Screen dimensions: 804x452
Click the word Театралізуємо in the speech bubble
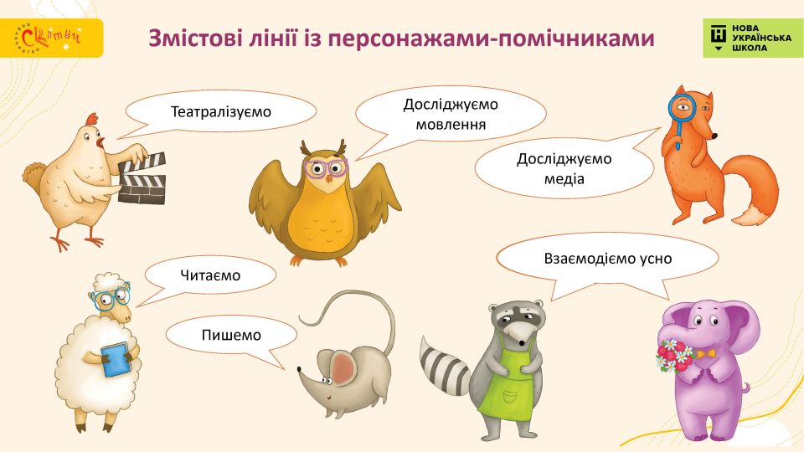click(x=220, y=111)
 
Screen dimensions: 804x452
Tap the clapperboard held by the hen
click(x=142, y=179)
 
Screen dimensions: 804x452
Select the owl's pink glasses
click(x=326, y=167)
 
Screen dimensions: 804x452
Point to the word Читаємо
click(x=210, y=275)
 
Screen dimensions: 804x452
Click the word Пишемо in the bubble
click(x=231, y=335)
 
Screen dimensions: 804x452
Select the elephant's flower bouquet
click(x=675, y=354)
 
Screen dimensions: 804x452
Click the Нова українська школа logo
click(x=753, y=38)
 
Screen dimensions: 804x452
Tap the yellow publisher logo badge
click(x=51, y=38)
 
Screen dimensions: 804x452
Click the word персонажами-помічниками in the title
click(x=492, y=39)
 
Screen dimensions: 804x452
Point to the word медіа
click(x=564, y=179)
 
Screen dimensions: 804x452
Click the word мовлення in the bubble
click(x=451, y=125)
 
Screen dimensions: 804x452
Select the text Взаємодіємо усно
click(x=608, y=259)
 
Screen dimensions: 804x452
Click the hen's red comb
click(x=92, y=119)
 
